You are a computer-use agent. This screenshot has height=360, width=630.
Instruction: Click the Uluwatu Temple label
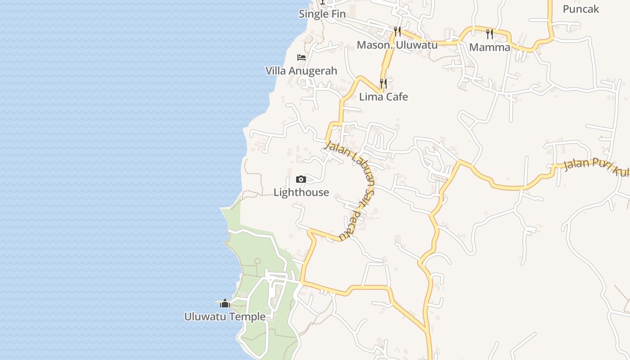tap(225, 317)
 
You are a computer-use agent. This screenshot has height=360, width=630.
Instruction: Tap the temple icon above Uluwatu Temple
tap(225, 303)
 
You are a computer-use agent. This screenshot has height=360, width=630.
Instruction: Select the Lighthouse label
tap(301, 193)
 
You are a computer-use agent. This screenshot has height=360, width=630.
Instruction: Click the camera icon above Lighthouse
tap(301, 180)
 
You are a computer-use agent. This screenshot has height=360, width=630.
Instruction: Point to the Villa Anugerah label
tap(301, 71)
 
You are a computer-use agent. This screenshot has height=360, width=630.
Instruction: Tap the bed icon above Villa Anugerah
tap(301, 58)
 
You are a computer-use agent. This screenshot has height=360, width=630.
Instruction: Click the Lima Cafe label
tap(383, 97)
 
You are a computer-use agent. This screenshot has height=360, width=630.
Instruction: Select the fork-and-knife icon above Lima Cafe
tap(383, 84)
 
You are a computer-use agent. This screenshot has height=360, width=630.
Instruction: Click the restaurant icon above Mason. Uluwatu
tap(397, 31)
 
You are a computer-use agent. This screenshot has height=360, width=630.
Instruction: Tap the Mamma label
tap(490, 47)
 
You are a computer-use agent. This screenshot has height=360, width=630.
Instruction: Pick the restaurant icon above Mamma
tap(490, 34)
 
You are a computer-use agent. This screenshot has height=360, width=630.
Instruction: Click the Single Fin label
tap(322, 14)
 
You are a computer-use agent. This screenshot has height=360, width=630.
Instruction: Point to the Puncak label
tap(580, 9)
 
